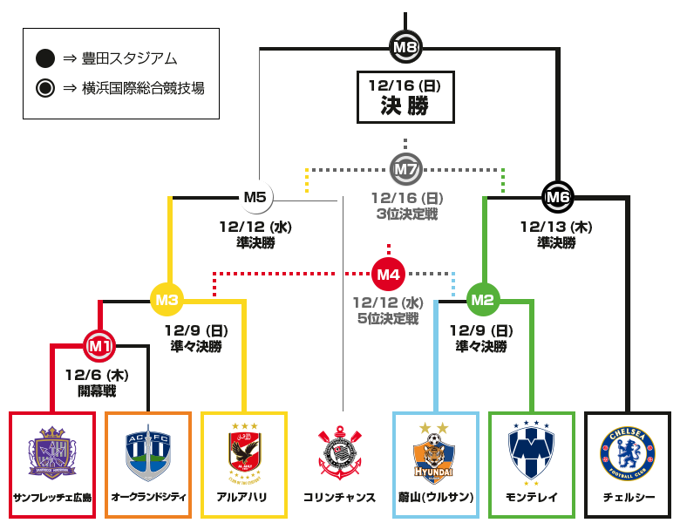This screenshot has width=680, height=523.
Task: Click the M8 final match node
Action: pyautogui.click(x=405, y=47)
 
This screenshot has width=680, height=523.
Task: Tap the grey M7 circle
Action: pyautogui.click(x=405, y=169)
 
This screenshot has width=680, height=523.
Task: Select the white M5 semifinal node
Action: pyautogui.click(x=255, y=197)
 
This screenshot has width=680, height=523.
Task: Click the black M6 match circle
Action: pyautogui.click(x=558, y=197)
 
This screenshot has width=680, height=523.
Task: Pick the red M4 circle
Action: pyautogui.click(x=388, y=274)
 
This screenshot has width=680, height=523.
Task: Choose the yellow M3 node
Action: pyautogui.click(x=167, y=300)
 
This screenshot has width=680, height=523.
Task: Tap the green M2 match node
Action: pyautogui.click(x=483, y=300)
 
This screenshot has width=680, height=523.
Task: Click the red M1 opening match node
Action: pyautogui.click(x=99, y=346)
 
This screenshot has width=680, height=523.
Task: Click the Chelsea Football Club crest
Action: pyautogui.click(x=628, y=453)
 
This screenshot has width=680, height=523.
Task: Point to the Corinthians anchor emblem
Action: pyautogui.click(x=340, y=452)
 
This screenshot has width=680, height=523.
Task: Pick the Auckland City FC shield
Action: pyautogui.click(x=148, y=452)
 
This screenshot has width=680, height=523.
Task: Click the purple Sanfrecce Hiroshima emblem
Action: pyautogui.click(x=52, y=452)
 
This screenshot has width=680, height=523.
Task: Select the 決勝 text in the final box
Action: pyautogui.click(x=405, y=105)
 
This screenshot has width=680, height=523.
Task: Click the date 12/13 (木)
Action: pyautogui.click(x=556, y=227)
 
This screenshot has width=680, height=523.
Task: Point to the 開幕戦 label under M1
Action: pyautogui.click(x=97, y=391)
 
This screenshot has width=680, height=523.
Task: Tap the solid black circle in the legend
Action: pyautogui.click(x=45, y=58)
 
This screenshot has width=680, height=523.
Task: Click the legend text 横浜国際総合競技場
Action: pyautogui.click(x=143, y=88)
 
